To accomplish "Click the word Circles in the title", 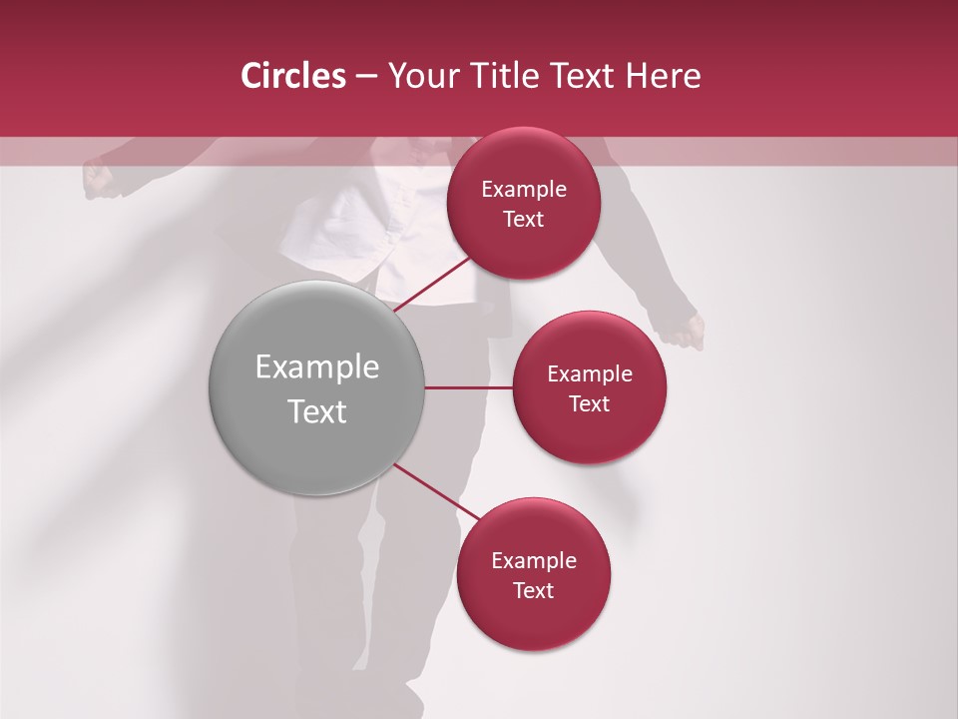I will tap(292, 76).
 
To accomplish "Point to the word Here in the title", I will tap(663, 76).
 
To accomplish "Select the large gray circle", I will tap(317, 387).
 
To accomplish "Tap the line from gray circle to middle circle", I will tap(469, 387).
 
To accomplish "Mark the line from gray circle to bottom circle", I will tap(437, 492).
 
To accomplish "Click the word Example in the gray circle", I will tap(317, 367).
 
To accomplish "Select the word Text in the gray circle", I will tap(317, 411).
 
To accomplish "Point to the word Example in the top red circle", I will tap(524, 190).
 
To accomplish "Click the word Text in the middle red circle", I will tap(590, 403).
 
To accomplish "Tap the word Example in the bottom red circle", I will tap(534, 560).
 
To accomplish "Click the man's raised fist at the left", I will tap(98, 177).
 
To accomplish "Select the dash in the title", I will tap(366, 76).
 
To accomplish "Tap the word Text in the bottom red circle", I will tap(534, 590).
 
